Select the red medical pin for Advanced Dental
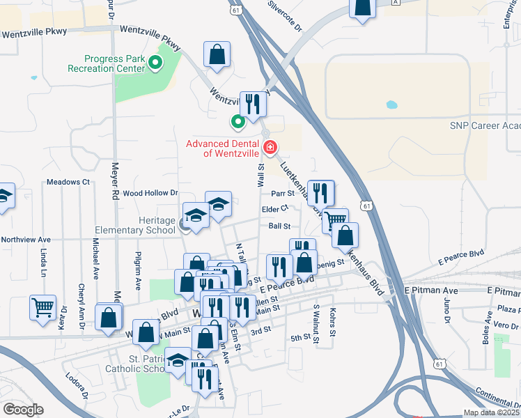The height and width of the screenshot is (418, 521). click(270, 148)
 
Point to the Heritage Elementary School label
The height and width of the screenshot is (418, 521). click(137, 225)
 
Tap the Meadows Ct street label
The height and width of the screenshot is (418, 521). click(68, 182)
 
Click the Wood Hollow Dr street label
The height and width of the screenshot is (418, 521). click(150, 193)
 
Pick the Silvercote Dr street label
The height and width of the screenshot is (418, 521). click(284, 16)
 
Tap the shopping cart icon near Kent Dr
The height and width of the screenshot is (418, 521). click(42, 307)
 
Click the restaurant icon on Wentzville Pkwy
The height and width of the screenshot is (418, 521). click(252, 104)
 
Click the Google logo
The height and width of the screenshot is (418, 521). click(23, 410)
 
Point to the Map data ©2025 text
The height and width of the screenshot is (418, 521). click(491, 412)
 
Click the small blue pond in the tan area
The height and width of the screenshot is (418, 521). click(391, 106)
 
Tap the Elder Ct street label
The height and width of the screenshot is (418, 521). click(275, 209)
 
